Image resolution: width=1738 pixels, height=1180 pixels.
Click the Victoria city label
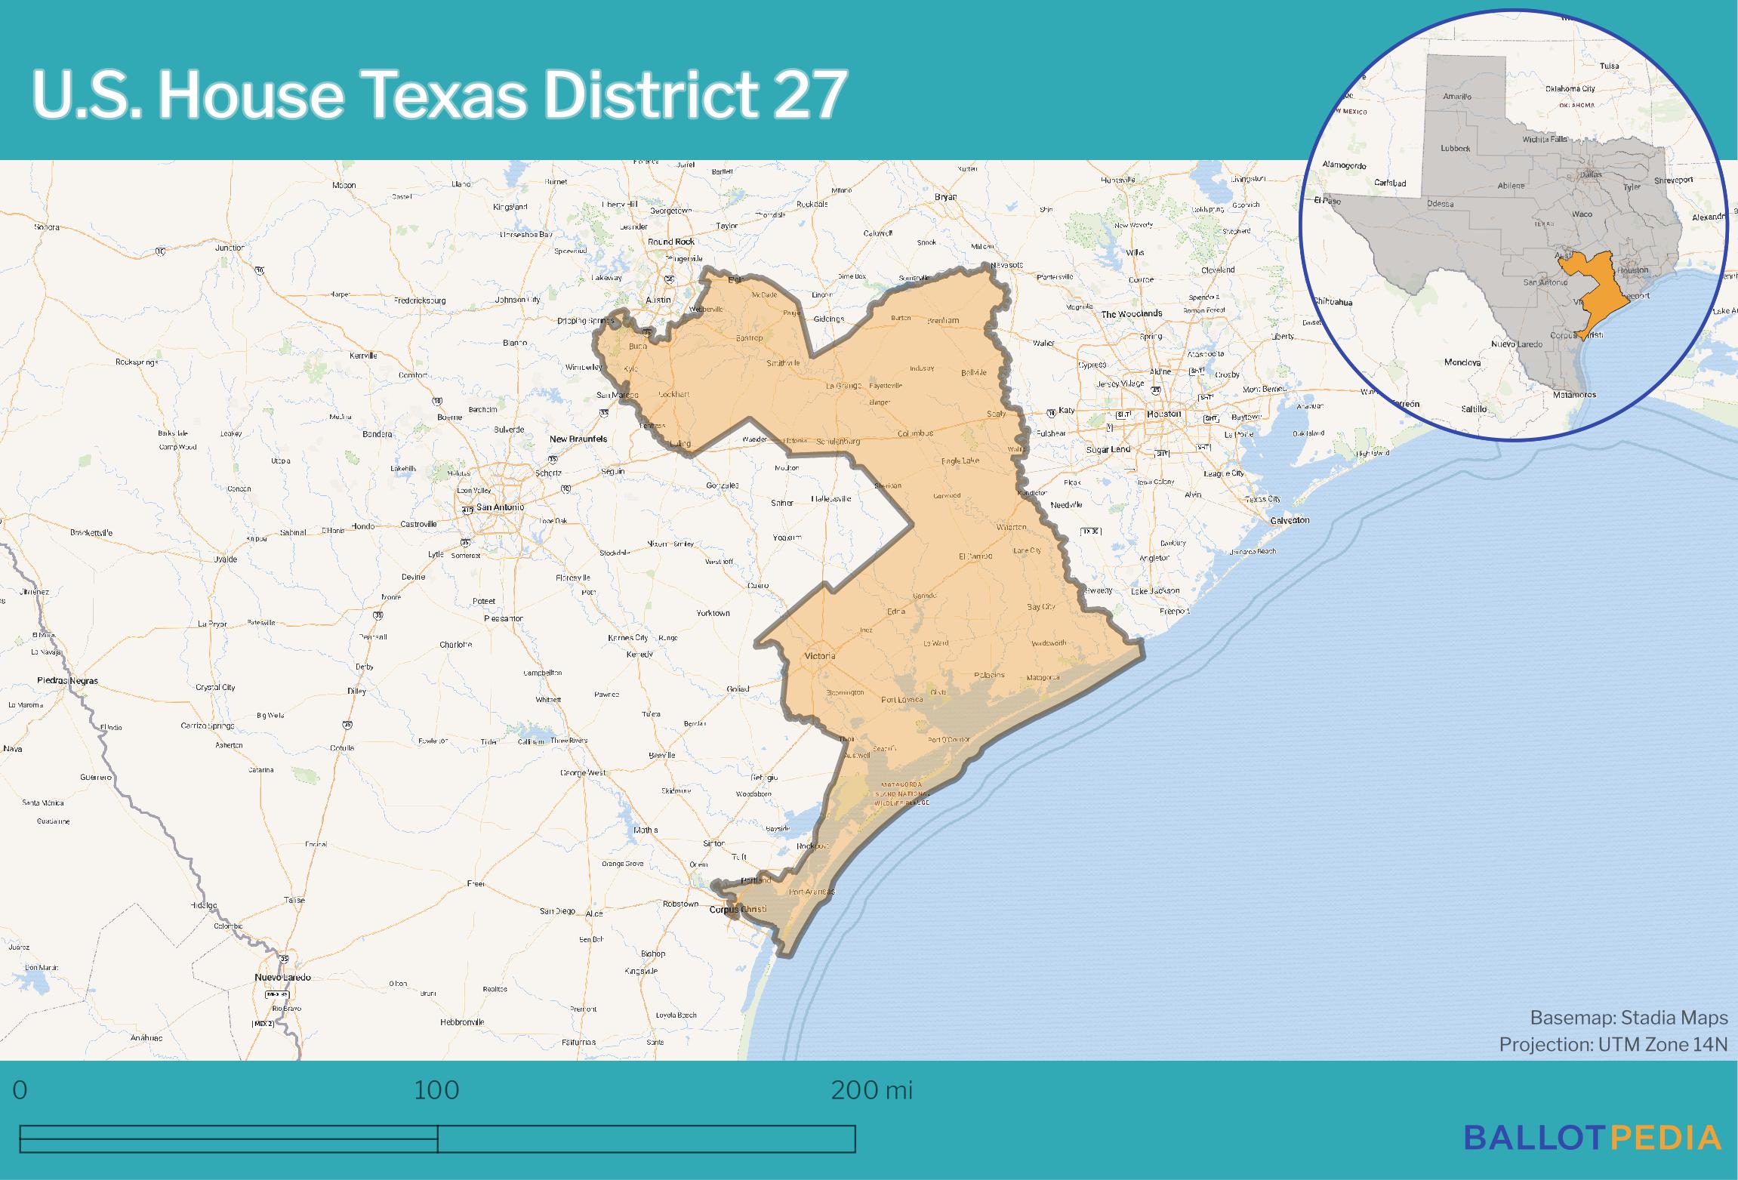tap(819, 655)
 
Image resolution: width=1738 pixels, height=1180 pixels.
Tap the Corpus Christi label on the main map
tap(738, 909)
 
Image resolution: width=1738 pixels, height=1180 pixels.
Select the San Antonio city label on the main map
tap(499, 507)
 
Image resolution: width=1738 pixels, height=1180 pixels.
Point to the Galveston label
tap(1290, 520)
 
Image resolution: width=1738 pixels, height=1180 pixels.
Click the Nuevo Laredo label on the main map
tap(282, 977)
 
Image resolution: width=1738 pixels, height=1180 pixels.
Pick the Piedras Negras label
tap(67, 680)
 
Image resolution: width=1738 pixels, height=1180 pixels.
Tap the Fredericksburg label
tap(420, 300)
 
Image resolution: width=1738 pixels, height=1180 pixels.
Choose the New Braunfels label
tap(578, 439)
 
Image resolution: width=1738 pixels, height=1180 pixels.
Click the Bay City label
tap(1041, 607)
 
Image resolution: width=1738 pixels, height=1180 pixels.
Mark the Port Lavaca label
tap(902, 700)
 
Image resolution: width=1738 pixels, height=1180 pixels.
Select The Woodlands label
tap(1131, 313)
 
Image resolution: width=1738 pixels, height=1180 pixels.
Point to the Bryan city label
tap(945, 197)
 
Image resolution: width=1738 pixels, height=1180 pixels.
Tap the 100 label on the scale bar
tap(436, 1089)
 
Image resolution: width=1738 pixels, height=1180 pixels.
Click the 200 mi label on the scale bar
tap(871, 1089)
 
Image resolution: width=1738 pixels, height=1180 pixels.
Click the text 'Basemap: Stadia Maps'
tap(1629, 1018)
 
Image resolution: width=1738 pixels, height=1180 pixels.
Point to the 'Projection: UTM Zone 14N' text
tap(1613, 1044)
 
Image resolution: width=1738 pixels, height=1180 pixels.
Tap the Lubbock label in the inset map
tap(1455, 149)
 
